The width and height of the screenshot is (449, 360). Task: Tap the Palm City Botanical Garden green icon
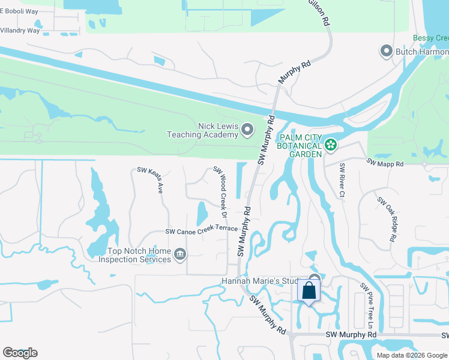coord(330,144)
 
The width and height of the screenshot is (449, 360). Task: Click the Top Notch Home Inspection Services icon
coord(179,256)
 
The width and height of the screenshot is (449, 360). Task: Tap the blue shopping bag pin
coord(309,291)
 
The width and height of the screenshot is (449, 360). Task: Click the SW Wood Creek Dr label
coord(220,192)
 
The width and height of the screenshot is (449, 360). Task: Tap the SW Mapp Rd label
coord(385,163)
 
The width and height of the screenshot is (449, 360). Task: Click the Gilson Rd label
coord(319,11)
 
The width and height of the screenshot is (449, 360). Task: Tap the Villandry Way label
coord(20,31)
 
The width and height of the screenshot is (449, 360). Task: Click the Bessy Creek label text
coord(430,38)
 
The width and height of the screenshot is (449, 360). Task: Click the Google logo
coord(20,353)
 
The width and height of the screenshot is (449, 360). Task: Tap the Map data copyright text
coord(412,355)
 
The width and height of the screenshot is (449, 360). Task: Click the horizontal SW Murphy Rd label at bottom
coord(351,334)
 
